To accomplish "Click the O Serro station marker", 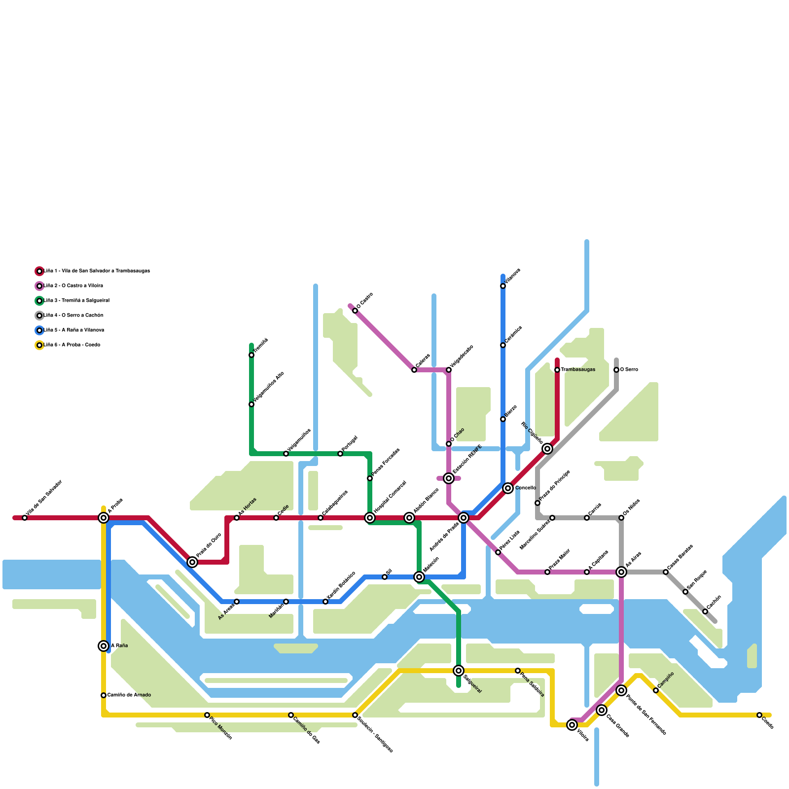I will coord(616,370).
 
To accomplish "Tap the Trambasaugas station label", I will coord(578,370).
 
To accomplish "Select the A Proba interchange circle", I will coord(104,518).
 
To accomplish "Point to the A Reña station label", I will coord(119,646).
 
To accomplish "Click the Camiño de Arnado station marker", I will coord(104,695).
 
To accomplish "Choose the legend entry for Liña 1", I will coord(97,271).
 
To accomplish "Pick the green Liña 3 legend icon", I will coord(39,301).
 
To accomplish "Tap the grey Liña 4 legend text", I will coord(74,316).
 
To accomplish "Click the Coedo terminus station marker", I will coord(759,715).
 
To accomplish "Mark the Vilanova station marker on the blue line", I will coord(503,286).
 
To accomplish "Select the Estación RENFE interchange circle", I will coord(449,478).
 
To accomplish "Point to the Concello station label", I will coord(526,488).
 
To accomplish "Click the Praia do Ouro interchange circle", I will coord(192,562).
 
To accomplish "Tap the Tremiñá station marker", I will coord(251,355).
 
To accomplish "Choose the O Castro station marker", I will coord(355,311).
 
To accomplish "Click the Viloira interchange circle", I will coord(572,725).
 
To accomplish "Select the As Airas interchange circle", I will coord(621,572).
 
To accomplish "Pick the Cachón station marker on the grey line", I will coord(705,611).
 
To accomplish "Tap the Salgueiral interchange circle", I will coord(459,671).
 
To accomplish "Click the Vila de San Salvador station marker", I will coord(25,518).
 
